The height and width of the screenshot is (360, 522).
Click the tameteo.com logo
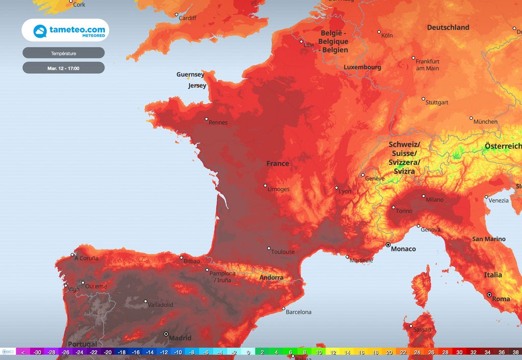coord(65,31)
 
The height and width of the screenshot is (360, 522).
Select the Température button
coord(64,53)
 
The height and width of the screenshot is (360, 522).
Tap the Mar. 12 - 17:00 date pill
coord(64,68)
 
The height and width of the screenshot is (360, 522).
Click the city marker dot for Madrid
coord(166,334)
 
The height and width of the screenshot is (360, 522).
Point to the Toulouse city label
coord(283,252)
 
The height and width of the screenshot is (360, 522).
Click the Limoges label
coord(278,189)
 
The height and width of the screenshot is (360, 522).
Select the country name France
coord(278,164)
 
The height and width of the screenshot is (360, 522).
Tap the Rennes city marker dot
coord(206,119)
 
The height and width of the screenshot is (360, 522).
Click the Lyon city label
coord(345,192)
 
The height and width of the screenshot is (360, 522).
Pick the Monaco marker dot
coord(388,245)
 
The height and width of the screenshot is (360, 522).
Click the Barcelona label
coord(298,312)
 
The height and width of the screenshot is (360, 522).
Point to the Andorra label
coord(271,277)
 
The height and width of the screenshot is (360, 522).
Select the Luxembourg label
coord(362,67)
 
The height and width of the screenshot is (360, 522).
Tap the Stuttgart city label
coord(437,102)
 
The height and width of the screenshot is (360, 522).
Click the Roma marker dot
coord(489,295)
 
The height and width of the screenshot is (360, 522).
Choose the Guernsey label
coord(190,74)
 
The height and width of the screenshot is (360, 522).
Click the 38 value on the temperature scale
coord(515,352)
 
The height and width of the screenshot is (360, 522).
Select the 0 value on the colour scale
coord(248,352)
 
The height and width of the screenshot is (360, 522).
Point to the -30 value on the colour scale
coord(37,352)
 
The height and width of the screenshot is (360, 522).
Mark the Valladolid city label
coord(161,305)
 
